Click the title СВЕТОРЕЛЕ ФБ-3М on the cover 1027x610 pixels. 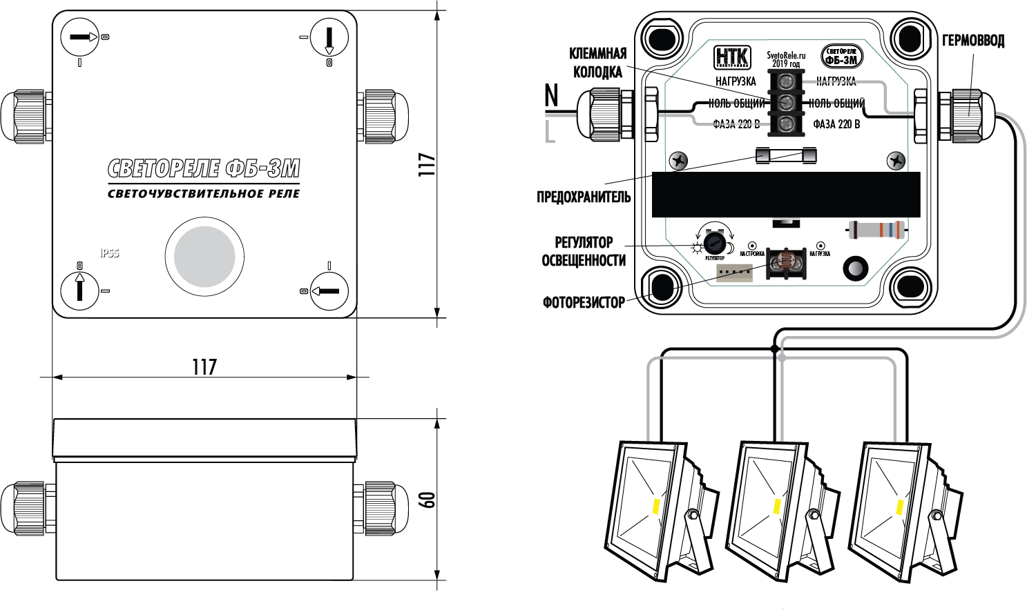204,168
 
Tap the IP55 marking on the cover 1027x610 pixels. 110,253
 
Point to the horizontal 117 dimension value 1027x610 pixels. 204,366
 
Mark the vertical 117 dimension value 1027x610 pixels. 428,164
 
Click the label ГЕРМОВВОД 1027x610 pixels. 973,41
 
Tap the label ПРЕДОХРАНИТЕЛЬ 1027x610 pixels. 584,197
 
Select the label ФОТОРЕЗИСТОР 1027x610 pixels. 584,302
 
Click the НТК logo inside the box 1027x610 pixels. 731,57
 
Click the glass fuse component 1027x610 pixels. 787,155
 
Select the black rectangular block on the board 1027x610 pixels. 786,195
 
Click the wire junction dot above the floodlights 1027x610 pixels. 775,350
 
